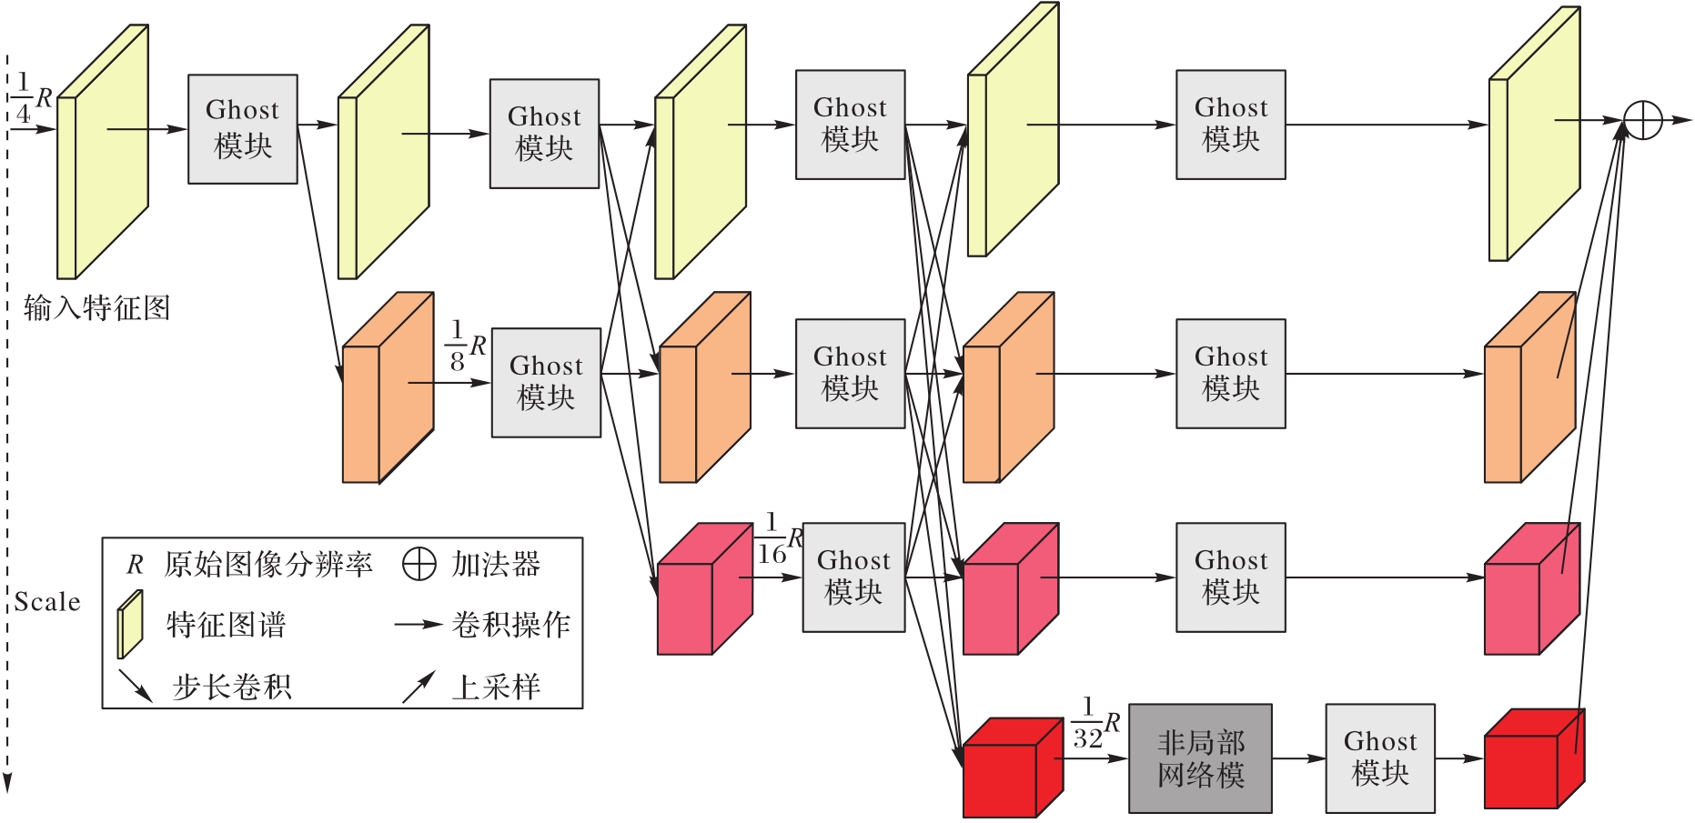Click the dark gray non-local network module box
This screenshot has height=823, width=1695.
(1200, 758)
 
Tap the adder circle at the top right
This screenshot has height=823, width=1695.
(1643, 120)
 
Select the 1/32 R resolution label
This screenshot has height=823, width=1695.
(1095, 724)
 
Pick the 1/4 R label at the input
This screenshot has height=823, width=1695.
(31, 98)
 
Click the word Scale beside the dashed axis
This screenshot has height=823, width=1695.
(47, 602)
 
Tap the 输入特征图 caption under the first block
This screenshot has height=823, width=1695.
(96, 308)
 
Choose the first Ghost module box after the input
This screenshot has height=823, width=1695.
(242, 129)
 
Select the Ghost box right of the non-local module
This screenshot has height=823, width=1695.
(1379, 758)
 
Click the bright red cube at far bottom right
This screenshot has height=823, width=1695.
(1533, 760)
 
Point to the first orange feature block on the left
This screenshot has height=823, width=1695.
(387, 388)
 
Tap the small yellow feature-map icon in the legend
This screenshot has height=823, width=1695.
(130, 624)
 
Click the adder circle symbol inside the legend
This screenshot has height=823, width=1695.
(419, 564)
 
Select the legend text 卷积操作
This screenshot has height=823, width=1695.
(510, 625)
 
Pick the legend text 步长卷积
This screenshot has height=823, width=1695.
(232, 687)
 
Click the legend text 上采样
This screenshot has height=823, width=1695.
(496, 687)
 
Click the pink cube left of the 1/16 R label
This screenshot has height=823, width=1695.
(703, 589)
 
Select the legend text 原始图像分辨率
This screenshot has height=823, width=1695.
(268, 565)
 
